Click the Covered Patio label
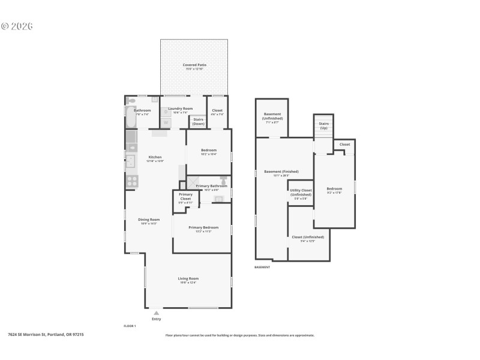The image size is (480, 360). pos(193,64)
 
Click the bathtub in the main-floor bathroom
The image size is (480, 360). pos(131,118)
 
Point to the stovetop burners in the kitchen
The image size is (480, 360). pos(132,180)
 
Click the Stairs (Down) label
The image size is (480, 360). pos(198,122)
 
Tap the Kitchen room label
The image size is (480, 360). pos(155,157)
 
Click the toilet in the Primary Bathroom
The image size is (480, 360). pos(223,179)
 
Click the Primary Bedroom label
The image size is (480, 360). pos(203,227)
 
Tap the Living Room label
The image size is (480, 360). pos(188,278)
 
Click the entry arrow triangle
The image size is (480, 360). pos(156,313)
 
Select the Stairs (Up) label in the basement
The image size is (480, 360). pos(323,125)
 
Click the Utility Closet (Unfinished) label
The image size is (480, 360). pos(300,193)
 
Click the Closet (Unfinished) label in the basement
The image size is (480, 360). pos(308,237)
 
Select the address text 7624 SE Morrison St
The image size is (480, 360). pos(46,335)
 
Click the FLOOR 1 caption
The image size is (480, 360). pos(130,325)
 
